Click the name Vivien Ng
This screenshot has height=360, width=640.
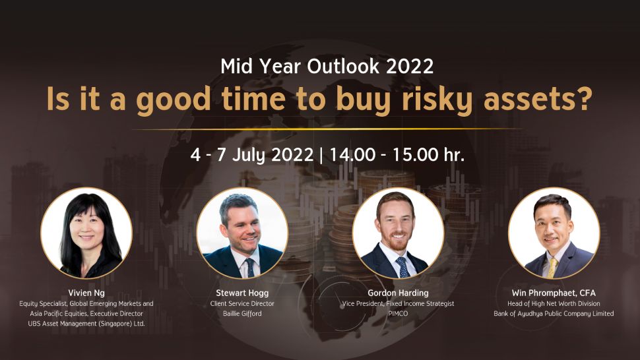coord(86,293)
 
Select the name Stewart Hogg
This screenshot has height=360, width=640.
coord(242,293)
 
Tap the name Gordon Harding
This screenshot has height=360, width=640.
coord(398,293)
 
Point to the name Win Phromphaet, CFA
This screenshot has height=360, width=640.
coord(554,293)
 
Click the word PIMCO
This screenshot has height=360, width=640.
coord(398,314)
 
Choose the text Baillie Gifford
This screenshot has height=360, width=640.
coord(242,314)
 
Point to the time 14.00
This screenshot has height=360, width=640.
coord(352,154)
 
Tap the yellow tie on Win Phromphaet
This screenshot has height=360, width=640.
coord(552,268)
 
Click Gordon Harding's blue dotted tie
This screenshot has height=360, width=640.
coord(402,268)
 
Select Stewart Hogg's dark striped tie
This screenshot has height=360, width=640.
coord(249,268)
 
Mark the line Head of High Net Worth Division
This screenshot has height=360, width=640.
coord(554,303)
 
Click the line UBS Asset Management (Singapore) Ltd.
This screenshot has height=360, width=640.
coord(86,324)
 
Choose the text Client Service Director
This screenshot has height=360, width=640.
coord(242,303)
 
